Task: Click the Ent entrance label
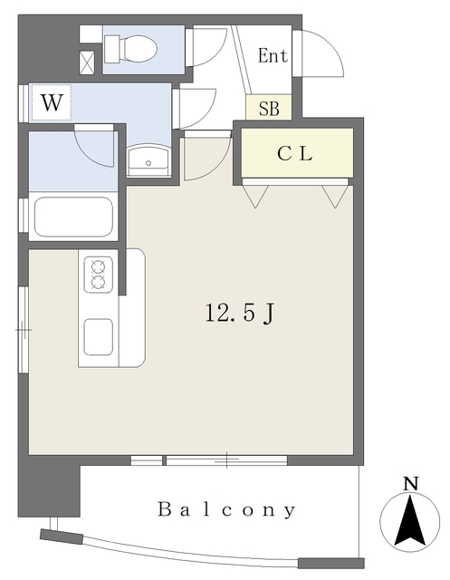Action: pyautogui.click(x=273, y=56)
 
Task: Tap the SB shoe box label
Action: pyautogui.click(x=269, y=109)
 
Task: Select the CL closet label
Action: pyautogui.click(x=295, y=153)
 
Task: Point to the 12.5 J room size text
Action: pyautogui.click(x=239, y=314)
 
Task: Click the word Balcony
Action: pyautogui.click(x=226, y=509)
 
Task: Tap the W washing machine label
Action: pyautogui.click(x=52, y=102)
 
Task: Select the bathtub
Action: pyautogui.click(x=73, y=217)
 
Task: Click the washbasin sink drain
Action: pyautogui.click(x=148, y=163)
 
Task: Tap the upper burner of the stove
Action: pyautogui.click(x=98, y=266)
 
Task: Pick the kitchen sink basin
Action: pyautogui.click(x=99, y=337)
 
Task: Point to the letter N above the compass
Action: pyautogui.click(x=410, y=484)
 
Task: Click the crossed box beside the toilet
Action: pyautogui.click(x=87, y=63)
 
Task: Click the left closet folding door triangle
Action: pyautogui.click(x=255, y=197)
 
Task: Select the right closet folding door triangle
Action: pyautogui.click(x=336, y=197)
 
